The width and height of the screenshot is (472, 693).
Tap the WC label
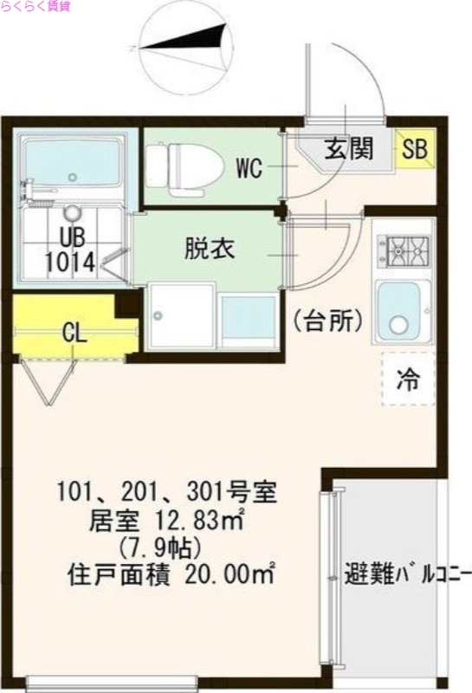tap(249, 168)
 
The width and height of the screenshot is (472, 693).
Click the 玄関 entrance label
tap(349, 149)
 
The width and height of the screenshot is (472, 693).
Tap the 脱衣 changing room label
tap(208, 248)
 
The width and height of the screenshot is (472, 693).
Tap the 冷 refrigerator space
tap(405, 379)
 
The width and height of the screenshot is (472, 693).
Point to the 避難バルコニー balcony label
tap(407, 573)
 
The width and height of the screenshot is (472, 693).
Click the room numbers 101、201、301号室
tap(166, 495)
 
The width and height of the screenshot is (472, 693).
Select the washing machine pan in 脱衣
tap(179, 316)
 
